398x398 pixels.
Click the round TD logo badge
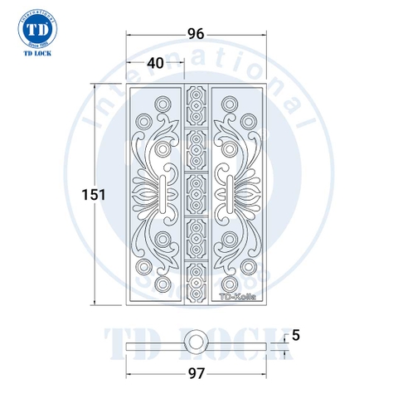tap(36, 28)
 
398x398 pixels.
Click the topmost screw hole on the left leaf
tap(162, 103)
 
